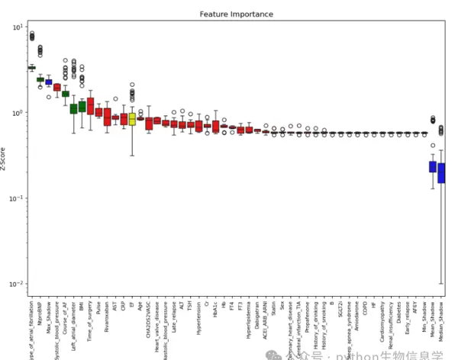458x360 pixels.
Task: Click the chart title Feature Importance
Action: pyautogui.click(x=236, y=14)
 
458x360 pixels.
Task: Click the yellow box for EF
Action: pyautogui.click(x=132, y=118)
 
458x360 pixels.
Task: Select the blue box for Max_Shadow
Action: pyautogui.click(x=49, y=82)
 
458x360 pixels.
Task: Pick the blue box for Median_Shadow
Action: pyautogui.click(x=440, y=174)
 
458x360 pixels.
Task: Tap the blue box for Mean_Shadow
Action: pyautogui.click(x=432, y=166)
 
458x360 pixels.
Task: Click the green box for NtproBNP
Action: pyautogui.click(x=40, y=79)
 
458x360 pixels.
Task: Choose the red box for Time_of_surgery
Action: pyautogui.click(x=90, y=106)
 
